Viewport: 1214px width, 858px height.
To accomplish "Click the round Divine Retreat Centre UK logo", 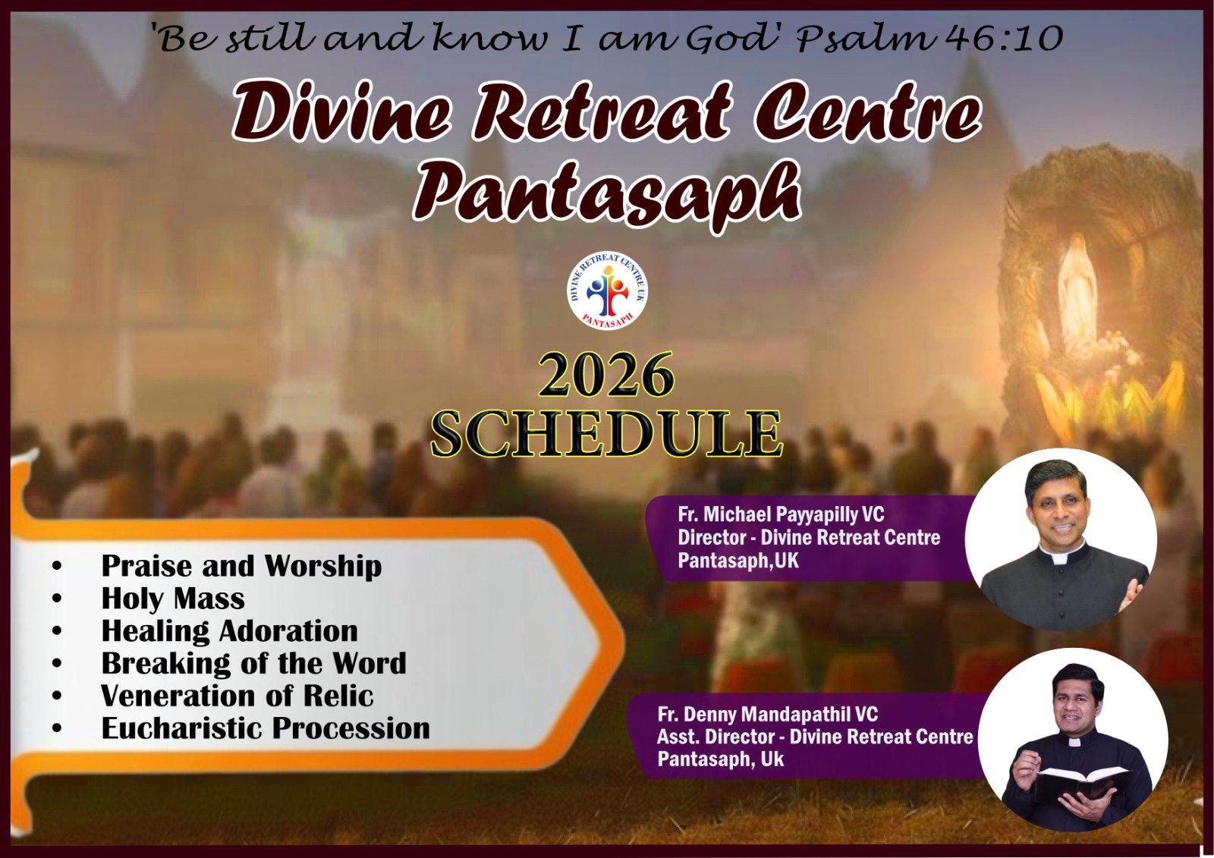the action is coord(608,291).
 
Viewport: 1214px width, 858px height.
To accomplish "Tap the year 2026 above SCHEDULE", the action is coord(606,375).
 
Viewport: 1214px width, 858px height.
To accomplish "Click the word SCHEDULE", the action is coord(607,435).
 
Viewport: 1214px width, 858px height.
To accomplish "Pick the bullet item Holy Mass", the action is coord(173,599).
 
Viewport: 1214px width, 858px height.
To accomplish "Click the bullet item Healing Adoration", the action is coord(230,631).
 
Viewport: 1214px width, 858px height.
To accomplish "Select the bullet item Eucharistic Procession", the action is coord(266,728).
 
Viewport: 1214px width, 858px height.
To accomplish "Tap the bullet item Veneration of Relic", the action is coord(237,696).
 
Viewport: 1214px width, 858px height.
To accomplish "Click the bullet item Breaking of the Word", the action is coord(253,664).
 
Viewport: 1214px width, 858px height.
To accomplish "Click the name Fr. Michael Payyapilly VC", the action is coord(781,514).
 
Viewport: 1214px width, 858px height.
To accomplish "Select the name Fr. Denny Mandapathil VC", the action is coord(767,714).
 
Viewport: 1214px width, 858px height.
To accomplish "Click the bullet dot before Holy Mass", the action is coord(58,599).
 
